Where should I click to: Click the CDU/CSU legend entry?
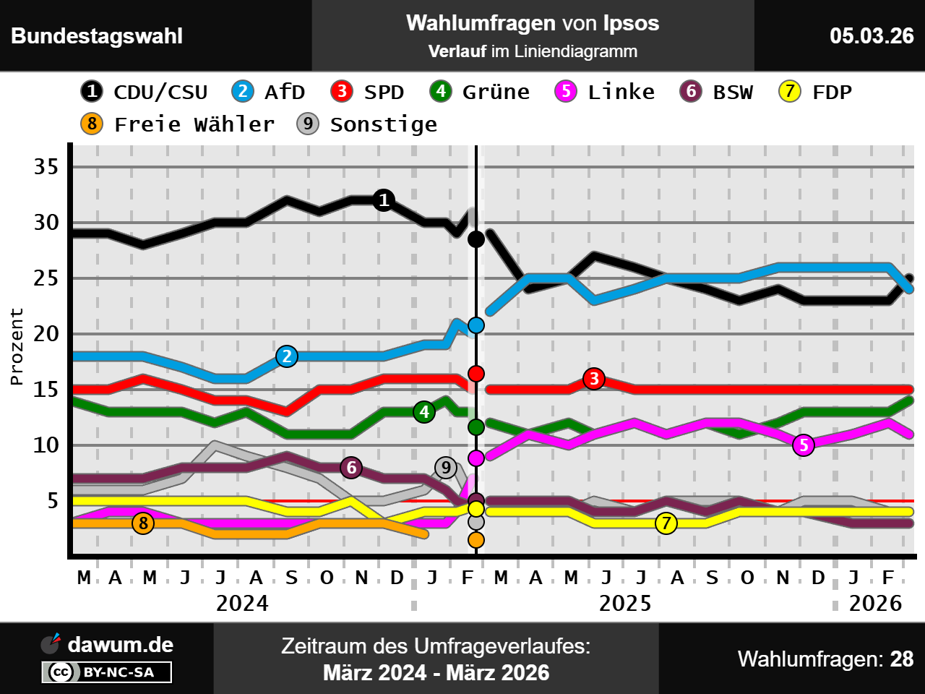tap(145, 92)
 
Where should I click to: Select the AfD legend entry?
tap(269, 92)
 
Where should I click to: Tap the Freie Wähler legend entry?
tap(178, 124)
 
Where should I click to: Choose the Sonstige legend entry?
tap(367, 124)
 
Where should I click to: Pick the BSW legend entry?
tap(717, 92)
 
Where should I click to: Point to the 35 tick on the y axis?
tap(46, 167)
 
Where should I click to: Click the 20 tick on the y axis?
tap(46, 334)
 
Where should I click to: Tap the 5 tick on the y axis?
tap(53, 501)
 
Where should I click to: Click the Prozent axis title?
tap(17, 346)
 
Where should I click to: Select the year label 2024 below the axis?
tap(242, 603)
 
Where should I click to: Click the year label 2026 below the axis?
tap(875, 603)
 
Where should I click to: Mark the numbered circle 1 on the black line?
tap(384, 200)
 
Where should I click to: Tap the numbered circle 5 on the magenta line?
tap(804, 445)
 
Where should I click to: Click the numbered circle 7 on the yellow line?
tap(666, 523)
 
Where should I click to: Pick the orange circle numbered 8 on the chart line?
tap(143, 523)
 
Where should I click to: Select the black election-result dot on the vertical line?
tap(476, 239)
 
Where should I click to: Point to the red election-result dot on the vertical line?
tap(476, 374)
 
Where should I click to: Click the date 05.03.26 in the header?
tap(872, 36)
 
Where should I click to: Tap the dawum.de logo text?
tap(120, 645)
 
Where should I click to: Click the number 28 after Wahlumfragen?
tap(902, 659)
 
